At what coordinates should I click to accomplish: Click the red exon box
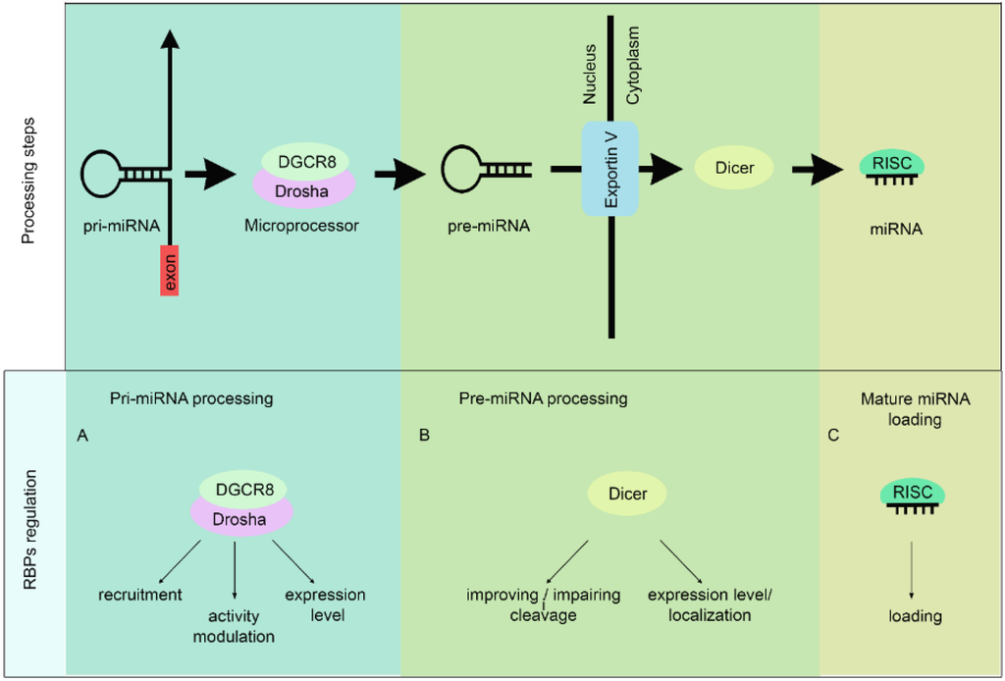pos(169,271)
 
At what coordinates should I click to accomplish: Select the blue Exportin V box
pos(611,169)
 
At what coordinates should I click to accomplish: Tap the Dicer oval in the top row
pos(734,169)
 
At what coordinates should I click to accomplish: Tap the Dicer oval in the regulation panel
pos(627,494)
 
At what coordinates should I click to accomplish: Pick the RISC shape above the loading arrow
pos(913,494)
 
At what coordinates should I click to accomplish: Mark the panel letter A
pos(82,435)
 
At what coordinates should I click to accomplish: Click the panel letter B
pos(424,435)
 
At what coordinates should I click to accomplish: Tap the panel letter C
pos(833,435)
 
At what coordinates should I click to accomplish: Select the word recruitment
pos(140,595)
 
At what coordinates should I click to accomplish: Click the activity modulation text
pos(235,626)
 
